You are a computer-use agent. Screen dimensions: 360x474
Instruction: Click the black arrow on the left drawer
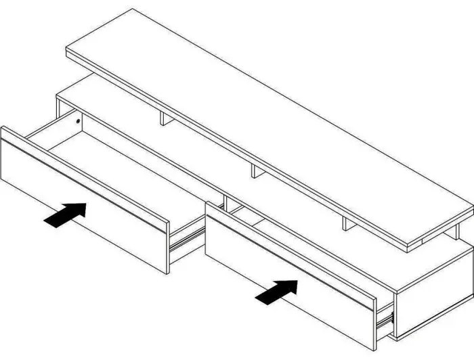[x=66, y=215]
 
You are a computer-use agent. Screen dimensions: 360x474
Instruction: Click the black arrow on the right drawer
[x=278, y=291]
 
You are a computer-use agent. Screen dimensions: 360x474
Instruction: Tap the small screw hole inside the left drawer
[x=79, y=122]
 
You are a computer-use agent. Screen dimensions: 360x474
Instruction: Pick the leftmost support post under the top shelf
[x=163, y=119]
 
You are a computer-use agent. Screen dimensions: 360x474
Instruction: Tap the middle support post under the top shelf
[x=255, y=170]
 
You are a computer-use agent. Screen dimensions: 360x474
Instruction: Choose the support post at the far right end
[x=459, y=232]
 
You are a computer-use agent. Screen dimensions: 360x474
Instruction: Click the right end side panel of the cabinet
[x=433, y=298]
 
